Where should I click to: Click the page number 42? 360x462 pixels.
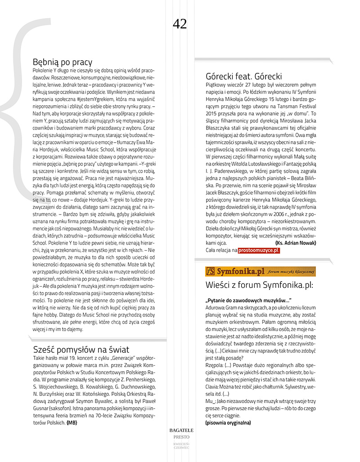point(180,23)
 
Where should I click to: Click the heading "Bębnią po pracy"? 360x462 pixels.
point(63,62)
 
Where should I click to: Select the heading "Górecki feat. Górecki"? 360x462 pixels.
point(243,76)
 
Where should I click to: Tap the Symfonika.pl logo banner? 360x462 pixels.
point(260,271)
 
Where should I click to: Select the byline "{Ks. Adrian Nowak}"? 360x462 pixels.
point(295,243)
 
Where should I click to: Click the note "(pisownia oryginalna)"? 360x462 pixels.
point(228,422)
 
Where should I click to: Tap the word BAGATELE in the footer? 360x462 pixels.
point(180,431)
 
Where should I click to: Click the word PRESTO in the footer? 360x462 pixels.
point(180,437)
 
